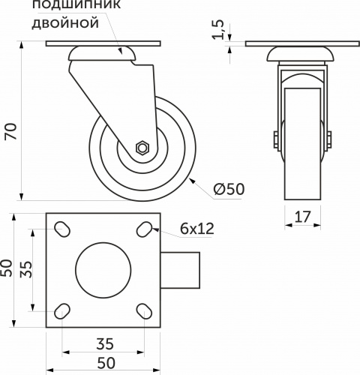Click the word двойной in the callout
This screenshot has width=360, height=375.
pyautogui.click(x=66, y=24)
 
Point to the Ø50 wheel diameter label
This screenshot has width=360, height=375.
pyautogui.click(x=229, y=190)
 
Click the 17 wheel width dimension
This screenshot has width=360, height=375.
pyautogui.click(x=303, y=217)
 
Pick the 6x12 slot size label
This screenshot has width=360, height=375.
pyautogui.click(x=197, y=229)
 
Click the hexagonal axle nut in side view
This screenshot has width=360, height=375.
pyautogui.click(x=142, y=148)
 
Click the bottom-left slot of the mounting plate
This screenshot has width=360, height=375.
pyautogui.click(x=63, y=310)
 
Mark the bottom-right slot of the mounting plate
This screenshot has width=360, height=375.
pyautogui.click(x=145, y=310)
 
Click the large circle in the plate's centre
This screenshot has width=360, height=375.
pyautogui.click(x=104, y=270)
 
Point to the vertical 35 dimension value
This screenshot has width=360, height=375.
pyautogui.click(x=25, y=270)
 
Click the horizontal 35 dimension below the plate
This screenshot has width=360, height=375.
pyautogui.click(x=104, y=344)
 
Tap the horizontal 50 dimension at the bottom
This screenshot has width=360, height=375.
pyautogui.click(x=104, y=364)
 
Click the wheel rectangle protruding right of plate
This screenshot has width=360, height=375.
pyautogui.click(x=183, y=270)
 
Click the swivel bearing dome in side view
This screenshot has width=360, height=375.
pyautogui.click(x=103, y=54)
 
